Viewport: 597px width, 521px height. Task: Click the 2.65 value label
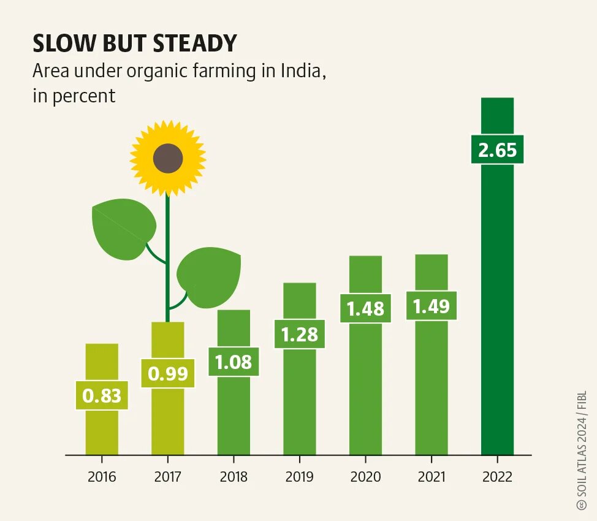coord(497,150)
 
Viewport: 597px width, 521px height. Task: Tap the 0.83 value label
coord(102,395)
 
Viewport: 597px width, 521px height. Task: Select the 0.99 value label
coord(168,373)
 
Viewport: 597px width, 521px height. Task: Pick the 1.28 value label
coord(299,334)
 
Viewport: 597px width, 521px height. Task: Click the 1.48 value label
coord(365,308)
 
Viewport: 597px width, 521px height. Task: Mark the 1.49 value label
coord(431,306)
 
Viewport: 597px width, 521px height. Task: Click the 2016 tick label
coord(102,476)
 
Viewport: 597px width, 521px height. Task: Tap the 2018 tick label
coord(234,476)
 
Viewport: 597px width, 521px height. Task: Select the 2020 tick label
coord(365,476)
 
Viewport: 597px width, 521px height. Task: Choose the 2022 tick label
coord(497,476)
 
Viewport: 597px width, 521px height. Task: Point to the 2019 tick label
coord(299,476)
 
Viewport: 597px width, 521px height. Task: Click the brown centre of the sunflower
coord(168,159)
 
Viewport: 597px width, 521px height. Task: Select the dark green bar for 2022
coord(497,306)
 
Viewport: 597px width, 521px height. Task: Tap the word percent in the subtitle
coord(84,96)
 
